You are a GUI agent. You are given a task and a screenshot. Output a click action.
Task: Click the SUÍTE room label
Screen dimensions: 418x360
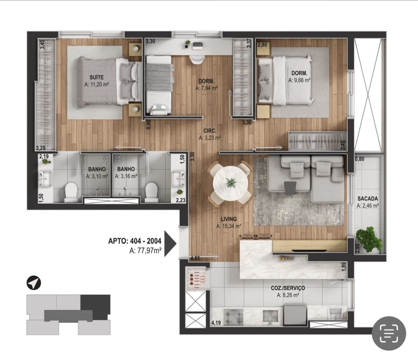[x=97, y=77]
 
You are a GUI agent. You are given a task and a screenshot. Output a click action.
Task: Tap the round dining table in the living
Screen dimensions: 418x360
[x=231, y=183]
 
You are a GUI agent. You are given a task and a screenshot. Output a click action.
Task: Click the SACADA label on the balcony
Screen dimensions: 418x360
[x=368, y=199]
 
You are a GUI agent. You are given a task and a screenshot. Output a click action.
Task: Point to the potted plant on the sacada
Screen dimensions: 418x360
[x=369, y=239]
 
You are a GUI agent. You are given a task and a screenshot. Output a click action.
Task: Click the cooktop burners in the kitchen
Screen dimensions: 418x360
[x=233, y=317]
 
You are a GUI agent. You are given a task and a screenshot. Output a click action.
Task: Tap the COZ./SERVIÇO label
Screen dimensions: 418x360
[x=288, y=288]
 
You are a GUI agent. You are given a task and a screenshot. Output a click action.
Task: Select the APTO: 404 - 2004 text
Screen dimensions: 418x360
[x=135, y=241]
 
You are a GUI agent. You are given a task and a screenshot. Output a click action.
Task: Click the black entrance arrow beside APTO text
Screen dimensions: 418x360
[x=170, y=244]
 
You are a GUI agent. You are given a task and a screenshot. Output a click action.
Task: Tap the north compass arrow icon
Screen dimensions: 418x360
[x=34, y=283]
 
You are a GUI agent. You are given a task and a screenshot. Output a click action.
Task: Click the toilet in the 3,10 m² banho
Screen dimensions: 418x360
[x=71, y=192]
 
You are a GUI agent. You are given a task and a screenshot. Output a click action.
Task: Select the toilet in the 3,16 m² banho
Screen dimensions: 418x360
[x=152, y=192]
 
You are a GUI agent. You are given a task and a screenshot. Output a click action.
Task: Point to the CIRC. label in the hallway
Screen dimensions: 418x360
[x=210, y=131]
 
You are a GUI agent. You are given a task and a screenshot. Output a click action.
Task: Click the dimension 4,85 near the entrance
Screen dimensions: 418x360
[x=195, y=259]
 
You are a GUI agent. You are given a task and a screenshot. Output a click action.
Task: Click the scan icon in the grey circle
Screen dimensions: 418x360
[x=389, y=333]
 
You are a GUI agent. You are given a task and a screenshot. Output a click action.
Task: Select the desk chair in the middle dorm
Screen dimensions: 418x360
[x=197, y=59]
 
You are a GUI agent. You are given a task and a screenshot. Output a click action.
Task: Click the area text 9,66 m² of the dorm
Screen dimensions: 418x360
[x=300, y=80]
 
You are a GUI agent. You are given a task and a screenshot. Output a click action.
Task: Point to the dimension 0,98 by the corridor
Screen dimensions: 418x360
[x=148, y=125]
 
